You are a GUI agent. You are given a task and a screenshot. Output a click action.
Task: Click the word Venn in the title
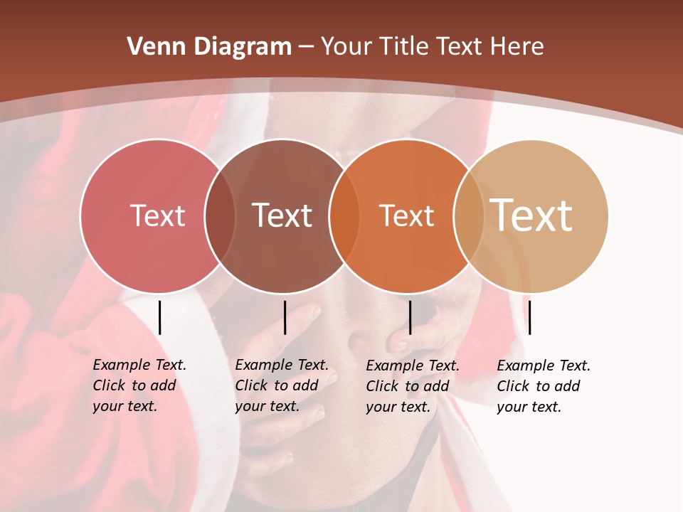152,47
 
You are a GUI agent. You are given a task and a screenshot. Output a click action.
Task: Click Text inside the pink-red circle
157,215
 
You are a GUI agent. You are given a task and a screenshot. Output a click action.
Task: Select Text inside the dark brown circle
282,215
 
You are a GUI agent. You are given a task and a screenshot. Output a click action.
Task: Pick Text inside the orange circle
406,215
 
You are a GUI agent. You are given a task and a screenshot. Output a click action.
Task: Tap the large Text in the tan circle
531,215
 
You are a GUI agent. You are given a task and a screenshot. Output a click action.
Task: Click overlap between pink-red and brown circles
220,216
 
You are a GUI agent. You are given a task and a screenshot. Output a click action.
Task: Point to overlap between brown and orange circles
344,216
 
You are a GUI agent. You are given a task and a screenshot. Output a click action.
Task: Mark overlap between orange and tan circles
469,216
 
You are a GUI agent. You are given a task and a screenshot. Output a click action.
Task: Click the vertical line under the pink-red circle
159,317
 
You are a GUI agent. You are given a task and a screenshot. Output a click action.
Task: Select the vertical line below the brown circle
285,317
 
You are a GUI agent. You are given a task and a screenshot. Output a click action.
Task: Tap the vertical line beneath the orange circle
410,317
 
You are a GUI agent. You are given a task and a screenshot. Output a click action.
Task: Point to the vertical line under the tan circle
529,317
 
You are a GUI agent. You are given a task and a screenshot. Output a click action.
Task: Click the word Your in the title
346,47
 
